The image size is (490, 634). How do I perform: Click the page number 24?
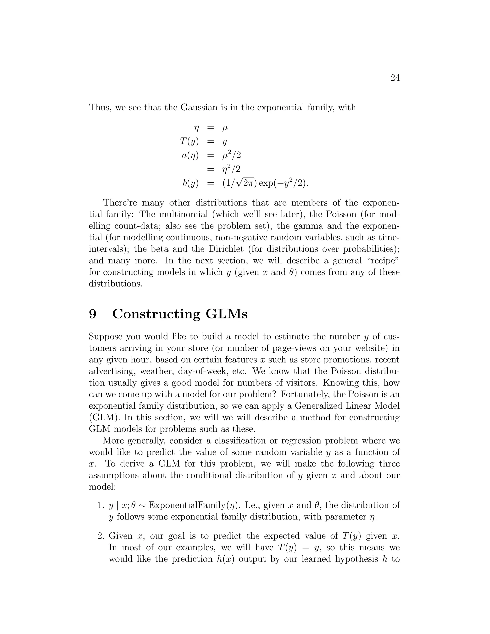click(395, 78)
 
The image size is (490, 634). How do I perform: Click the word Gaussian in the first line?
click(199, 107)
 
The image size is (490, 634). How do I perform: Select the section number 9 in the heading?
click(93, 314)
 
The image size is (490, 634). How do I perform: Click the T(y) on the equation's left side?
click(189, 141)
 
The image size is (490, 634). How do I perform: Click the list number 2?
click(100, 536)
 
